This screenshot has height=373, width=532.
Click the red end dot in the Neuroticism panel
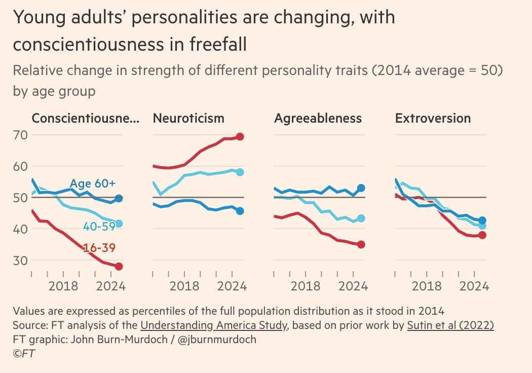240,136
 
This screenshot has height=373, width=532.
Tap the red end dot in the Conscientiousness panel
119,266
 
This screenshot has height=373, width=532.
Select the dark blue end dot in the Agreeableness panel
361,188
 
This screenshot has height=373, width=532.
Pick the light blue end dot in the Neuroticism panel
240,172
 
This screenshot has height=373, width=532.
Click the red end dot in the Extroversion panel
482,235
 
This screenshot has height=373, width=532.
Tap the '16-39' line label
99,248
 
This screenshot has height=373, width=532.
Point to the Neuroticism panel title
188,119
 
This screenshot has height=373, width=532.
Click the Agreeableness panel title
318,119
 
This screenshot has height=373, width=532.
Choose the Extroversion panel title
433,119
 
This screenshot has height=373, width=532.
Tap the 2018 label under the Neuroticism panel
184,286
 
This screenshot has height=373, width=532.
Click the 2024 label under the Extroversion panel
474,286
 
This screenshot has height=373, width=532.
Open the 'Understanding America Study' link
214,325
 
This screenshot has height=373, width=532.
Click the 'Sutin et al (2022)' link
450,325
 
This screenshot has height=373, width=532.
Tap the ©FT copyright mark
24,354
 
